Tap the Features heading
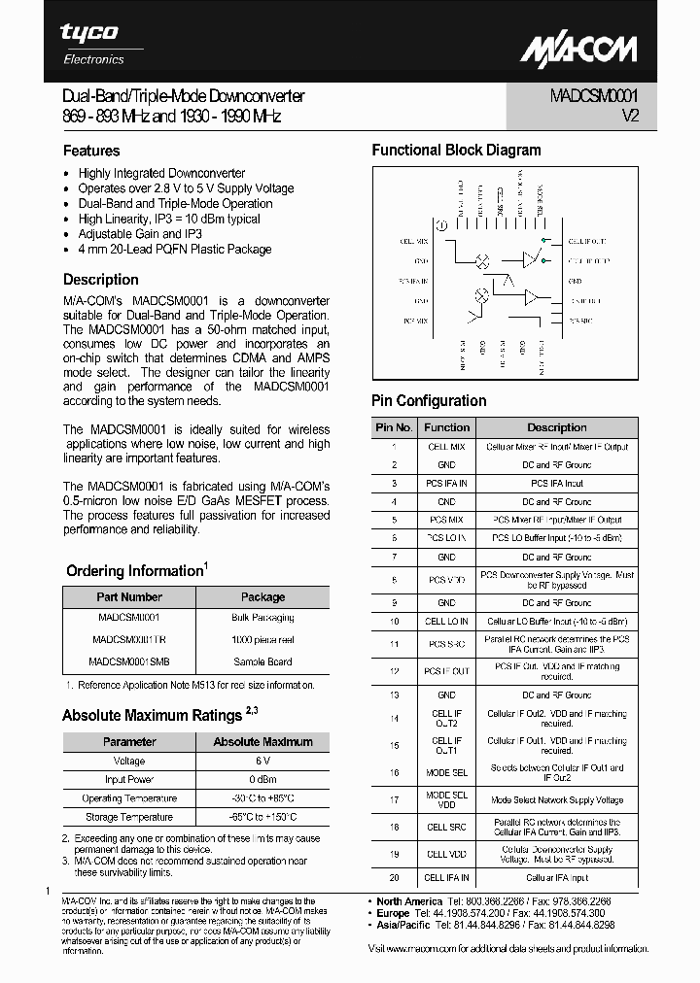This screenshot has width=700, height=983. [x=91, y=151]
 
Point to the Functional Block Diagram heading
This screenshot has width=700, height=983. [x=456, y=151]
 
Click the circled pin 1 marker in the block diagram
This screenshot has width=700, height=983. [x=441, y=225]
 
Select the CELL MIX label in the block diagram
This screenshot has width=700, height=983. [x=414, y=241]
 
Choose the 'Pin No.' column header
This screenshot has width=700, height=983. [x=394, y=427]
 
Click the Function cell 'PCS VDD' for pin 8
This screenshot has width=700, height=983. [x=446, y=580]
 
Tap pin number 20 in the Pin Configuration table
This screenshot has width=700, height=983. [x=394, y=877]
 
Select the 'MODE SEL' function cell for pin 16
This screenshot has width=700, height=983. [x=446, y=772]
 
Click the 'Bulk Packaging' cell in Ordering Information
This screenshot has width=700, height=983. [x=262, y=618]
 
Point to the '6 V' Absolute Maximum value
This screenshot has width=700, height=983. [x=262, y=762]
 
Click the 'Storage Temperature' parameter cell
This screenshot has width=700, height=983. [x=128, y=817]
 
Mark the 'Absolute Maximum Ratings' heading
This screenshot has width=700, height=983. [x=152, y=716]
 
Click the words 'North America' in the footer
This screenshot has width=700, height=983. [x=409, y=901]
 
